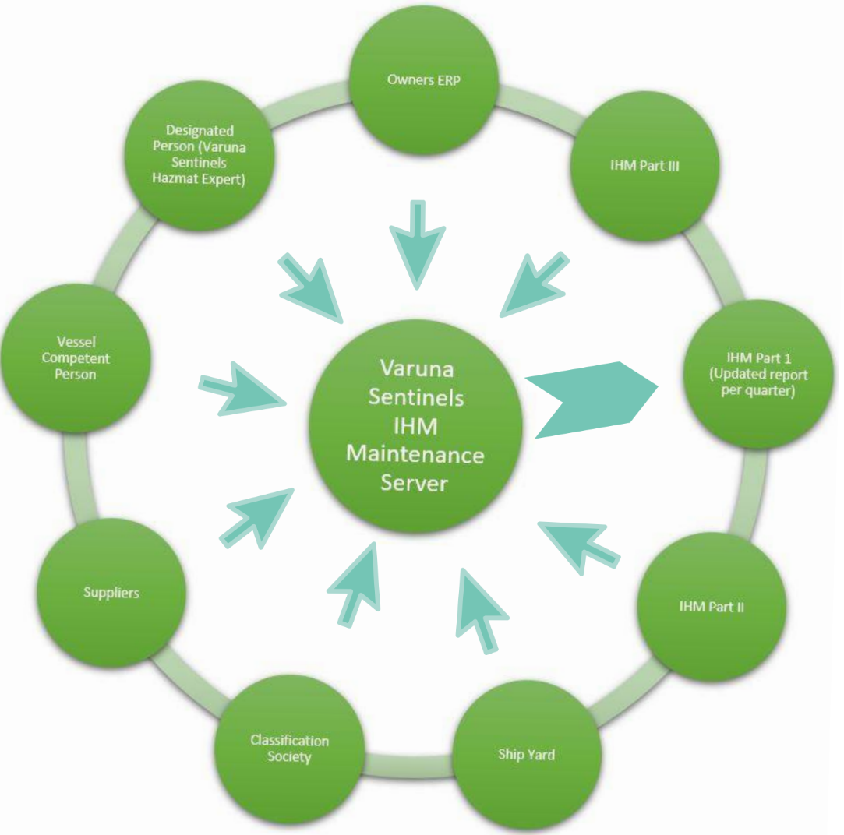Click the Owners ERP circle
pos(424,80)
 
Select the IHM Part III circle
pos(644,166)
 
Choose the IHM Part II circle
pos(711,606)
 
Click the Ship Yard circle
pos(526,754)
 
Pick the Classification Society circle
pos(289,749)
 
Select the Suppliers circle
pos(111,593)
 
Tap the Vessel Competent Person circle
pos(76,359)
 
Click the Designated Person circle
pos(200,154)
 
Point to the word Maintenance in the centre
pos(414,454)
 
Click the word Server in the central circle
pos(414,483)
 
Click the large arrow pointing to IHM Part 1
pos(592,398)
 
